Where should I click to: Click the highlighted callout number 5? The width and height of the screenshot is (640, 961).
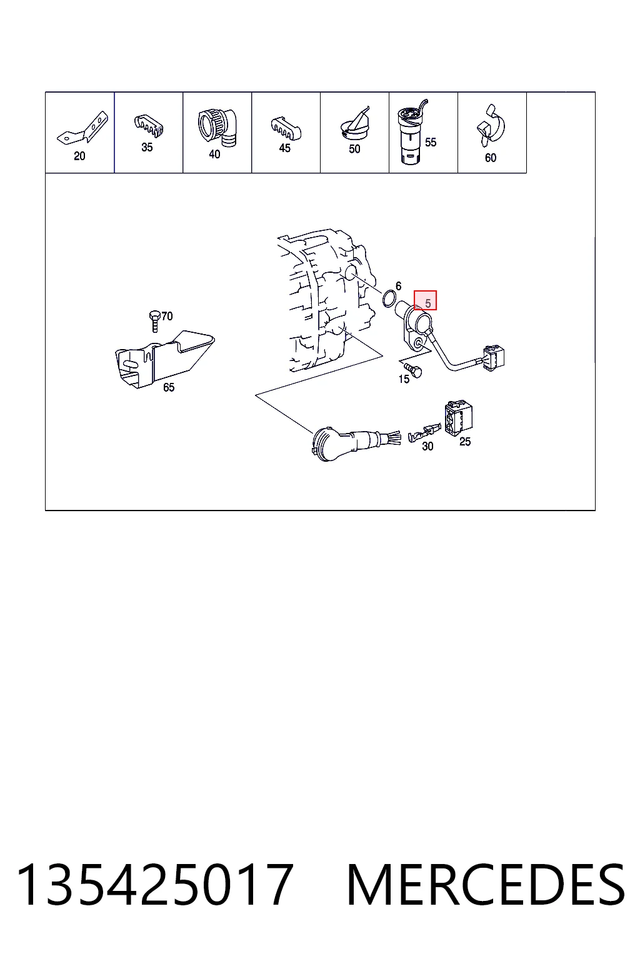pos(427,303)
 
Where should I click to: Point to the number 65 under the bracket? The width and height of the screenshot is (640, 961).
pos(169,387)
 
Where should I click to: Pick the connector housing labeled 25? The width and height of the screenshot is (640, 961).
pos(458,418)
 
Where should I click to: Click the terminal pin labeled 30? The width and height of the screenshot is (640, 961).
pos(424,432)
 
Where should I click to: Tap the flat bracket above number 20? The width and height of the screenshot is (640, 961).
pos(82,128)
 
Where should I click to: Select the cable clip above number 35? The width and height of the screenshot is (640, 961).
pos(149,126)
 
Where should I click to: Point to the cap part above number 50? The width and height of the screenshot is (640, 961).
pos(355,123)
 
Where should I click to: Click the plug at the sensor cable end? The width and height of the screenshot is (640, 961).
pos(493,358)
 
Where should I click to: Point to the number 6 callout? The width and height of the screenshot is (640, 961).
pos(398,286)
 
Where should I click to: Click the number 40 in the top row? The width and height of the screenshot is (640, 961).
pos(214,154)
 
